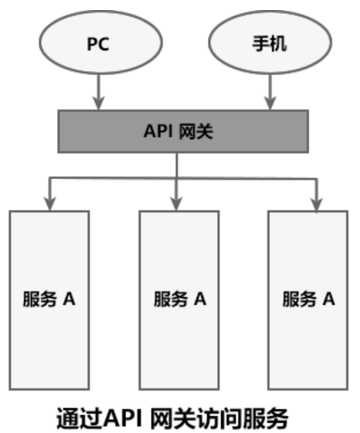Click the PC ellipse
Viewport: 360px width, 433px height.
pos(97,43)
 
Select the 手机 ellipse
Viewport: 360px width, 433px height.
pos(270,43)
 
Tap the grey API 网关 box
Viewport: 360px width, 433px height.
pos(178,130)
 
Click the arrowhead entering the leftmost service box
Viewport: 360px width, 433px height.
pos(49,203)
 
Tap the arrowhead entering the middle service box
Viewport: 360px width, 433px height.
pos(178,203)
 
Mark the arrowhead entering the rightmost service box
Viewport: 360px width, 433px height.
pos(315,203)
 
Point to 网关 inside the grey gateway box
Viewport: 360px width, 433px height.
pos(195,130)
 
